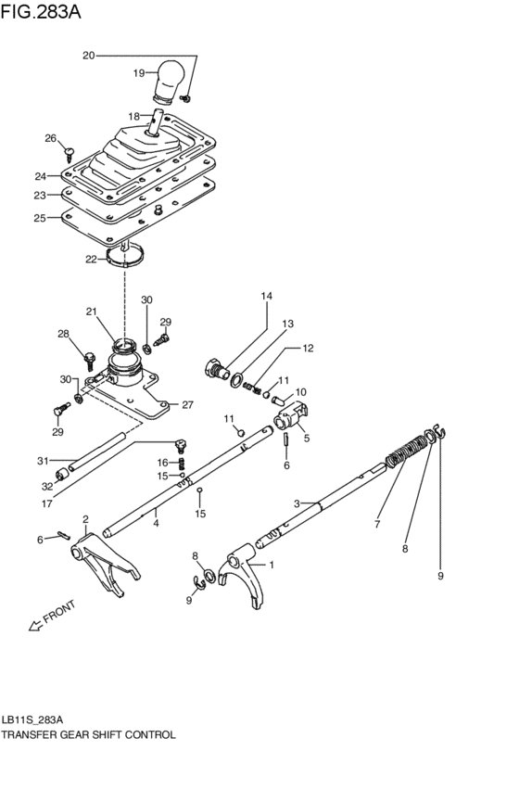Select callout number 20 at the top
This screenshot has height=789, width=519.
coord(89,56)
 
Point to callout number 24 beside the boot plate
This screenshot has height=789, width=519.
coord(40,176)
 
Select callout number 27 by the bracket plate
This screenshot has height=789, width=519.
coord(186,404)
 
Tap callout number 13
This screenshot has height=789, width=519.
coord(288,324)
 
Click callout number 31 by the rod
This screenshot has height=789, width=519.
coord(41,461)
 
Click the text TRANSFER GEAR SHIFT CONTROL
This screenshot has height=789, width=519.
coord(88,734)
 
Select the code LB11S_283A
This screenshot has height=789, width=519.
coord(32,719)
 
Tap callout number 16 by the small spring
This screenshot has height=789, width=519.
coord(162,462)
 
